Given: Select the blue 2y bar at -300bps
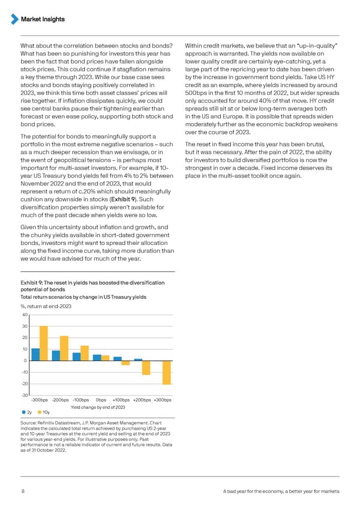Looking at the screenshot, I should click(35, 354).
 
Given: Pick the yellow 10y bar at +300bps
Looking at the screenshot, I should click(167, 372).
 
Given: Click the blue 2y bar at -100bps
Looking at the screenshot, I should click(76, 357).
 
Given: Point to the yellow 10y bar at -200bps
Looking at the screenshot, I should click(64, 348).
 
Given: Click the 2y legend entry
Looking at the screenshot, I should click(25, 412).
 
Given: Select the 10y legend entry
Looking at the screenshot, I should click(43, 412).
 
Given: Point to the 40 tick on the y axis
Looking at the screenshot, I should click(25, 315).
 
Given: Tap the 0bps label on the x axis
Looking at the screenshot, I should click(101, 400).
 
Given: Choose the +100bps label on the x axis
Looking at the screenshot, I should click(121, 400).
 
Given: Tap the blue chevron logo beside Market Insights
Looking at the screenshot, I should click(16, 20).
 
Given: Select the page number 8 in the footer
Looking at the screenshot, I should click(22, 492).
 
